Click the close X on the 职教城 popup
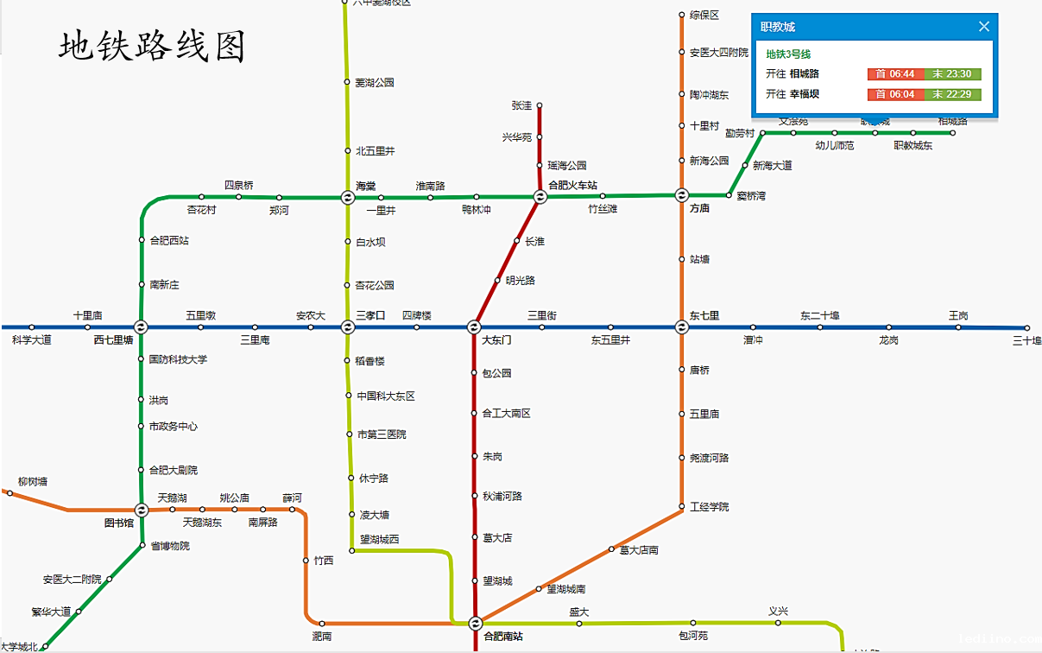click(983, 27)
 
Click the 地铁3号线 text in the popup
click(788, 54)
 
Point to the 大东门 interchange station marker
click(474, 327)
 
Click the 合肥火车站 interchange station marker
click(540, 197)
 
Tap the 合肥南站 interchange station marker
click(475, 623)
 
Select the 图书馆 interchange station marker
click(142, 510)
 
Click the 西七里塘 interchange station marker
click(141, 327)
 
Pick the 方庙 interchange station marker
click(681, 195)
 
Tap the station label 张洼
click(521, 105)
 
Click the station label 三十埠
click(1026, 340)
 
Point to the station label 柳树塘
click(33, 481)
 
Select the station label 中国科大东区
click(386, 396)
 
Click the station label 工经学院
click(710, 507)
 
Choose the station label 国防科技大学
click(178, 359)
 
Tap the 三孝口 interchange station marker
click(347, 327)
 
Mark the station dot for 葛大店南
click(611, 548)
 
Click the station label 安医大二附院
click(73, 580)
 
